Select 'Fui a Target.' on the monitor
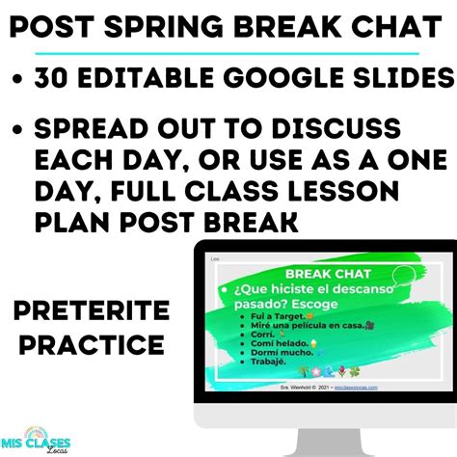tap(267, 316)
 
